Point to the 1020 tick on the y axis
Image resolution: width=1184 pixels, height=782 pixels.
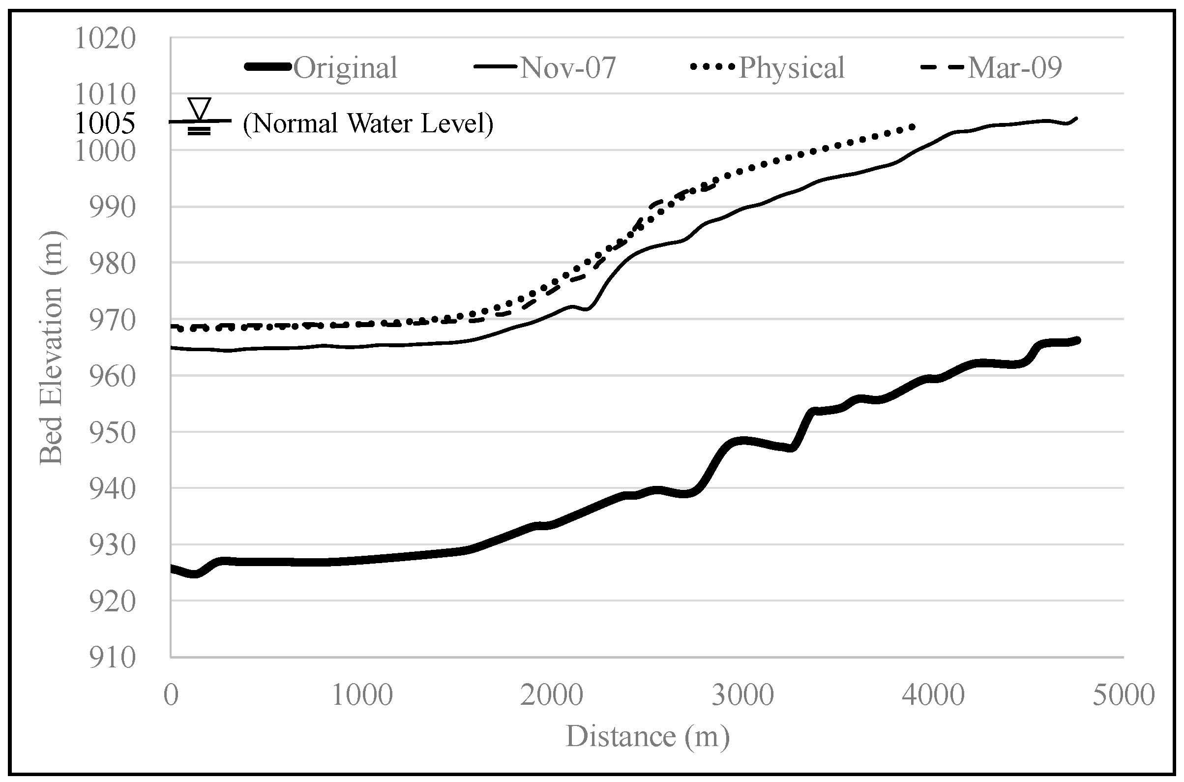[105, 38]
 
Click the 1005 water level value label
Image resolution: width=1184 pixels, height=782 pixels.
[105, 122]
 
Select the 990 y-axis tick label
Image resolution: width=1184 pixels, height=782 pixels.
[112, 208]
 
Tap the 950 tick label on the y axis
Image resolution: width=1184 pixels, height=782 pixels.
[112, 433]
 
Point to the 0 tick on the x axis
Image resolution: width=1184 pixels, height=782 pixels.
[171, 695]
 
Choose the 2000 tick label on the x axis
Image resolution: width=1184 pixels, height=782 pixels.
[552, 695]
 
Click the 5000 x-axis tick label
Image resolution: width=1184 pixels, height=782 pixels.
[1124, 695]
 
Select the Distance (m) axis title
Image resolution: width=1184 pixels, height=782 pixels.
[647, 736]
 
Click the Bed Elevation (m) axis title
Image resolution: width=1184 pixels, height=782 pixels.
[51, 348]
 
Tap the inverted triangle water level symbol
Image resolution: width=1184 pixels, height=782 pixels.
[200, 109]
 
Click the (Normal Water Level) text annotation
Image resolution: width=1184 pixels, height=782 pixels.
[368, 123]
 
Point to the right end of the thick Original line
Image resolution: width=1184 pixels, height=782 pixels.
[1077, 340]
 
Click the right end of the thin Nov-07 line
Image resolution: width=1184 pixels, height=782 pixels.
[1077, 118]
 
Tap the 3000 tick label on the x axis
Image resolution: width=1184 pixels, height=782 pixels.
[742, 695]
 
